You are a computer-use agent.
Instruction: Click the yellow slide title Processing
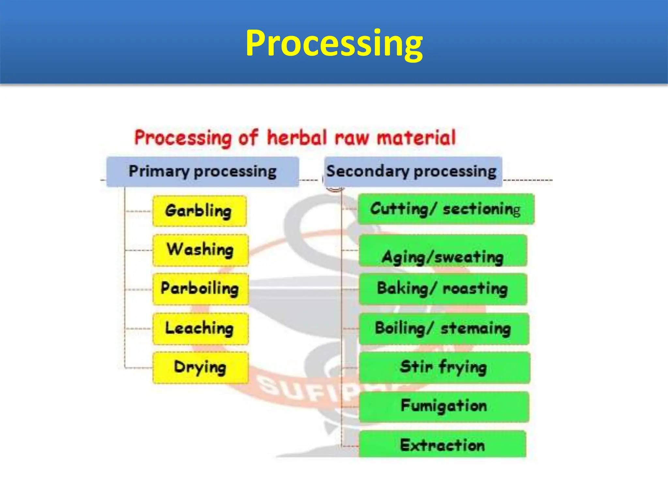pyautogui.click(x=334, y=43)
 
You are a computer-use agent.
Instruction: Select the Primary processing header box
pyautogui.click(x=203, y=172)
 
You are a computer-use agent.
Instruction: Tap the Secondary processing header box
pyautogui.click(x=413, y=172)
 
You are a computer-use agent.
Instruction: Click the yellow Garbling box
pyautogui.click(x=199, y=211)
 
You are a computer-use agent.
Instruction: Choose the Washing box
pyautogui.click(x=200, y=250)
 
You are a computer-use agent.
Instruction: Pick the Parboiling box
pyautogui.click(x=200, y=289)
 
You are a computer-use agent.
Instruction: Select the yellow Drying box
pyautogui.click(x=200, y=368)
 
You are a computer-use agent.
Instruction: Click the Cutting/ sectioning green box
pyautogui.click(x=446, y=209)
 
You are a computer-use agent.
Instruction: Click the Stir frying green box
pyautogui.click(x=444, y=368)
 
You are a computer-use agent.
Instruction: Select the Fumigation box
pyautogui.click(x=444, y=407)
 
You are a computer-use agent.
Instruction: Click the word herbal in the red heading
pyautogui.click(x=296, y=137)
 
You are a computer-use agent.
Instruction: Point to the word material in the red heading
pyautogui.click(x=417, y=137)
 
